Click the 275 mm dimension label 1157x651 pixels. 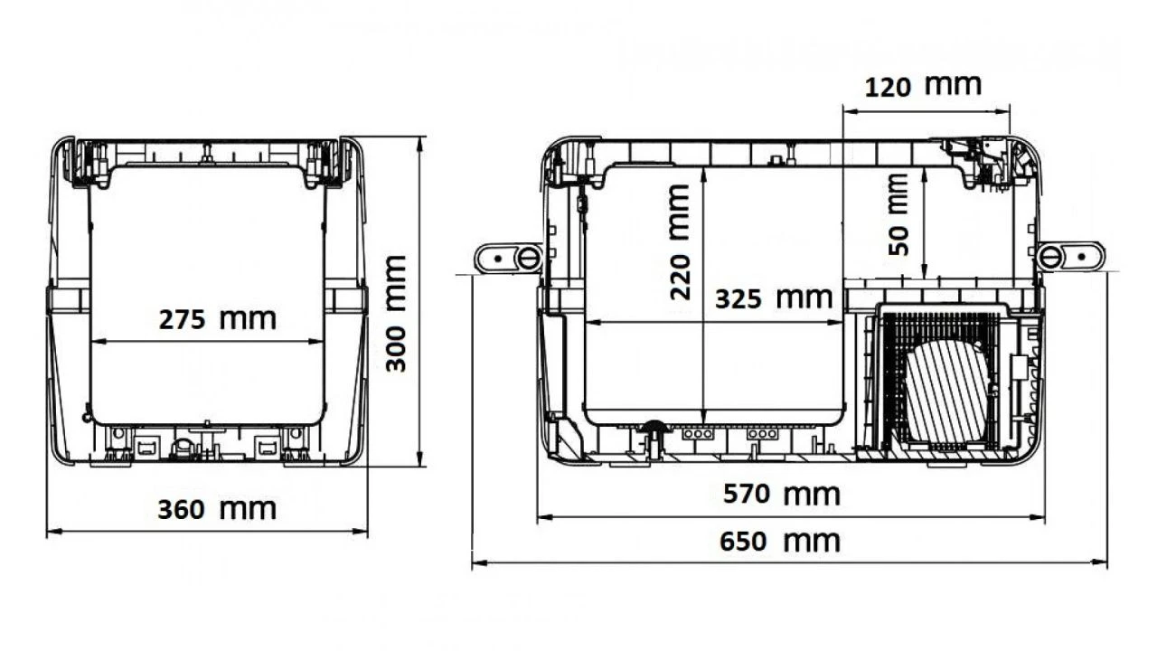(x=218, y=319)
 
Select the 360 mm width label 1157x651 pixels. (x=217, y=509)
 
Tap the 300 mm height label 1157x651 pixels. (x=396, y=313)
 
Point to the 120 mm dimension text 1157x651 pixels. (x=923, y=86)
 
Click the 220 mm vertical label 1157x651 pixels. (x=680, y=241)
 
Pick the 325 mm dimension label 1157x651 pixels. (x=774, y=298)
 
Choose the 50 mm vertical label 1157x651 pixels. (x=898, y=214)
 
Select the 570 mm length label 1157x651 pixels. (x=782, y=494)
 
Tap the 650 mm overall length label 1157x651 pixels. (x=780, y=542)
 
